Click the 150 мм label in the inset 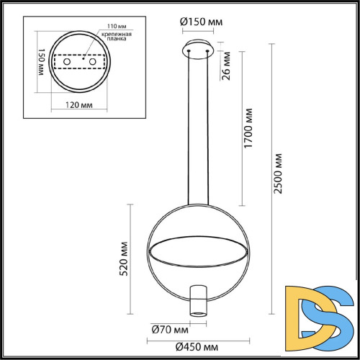(x=41, y=64)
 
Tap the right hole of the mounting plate (x=94, y=63)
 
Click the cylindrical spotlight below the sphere (x=199, y=300)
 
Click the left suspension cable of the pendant (x=191, y=130)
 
